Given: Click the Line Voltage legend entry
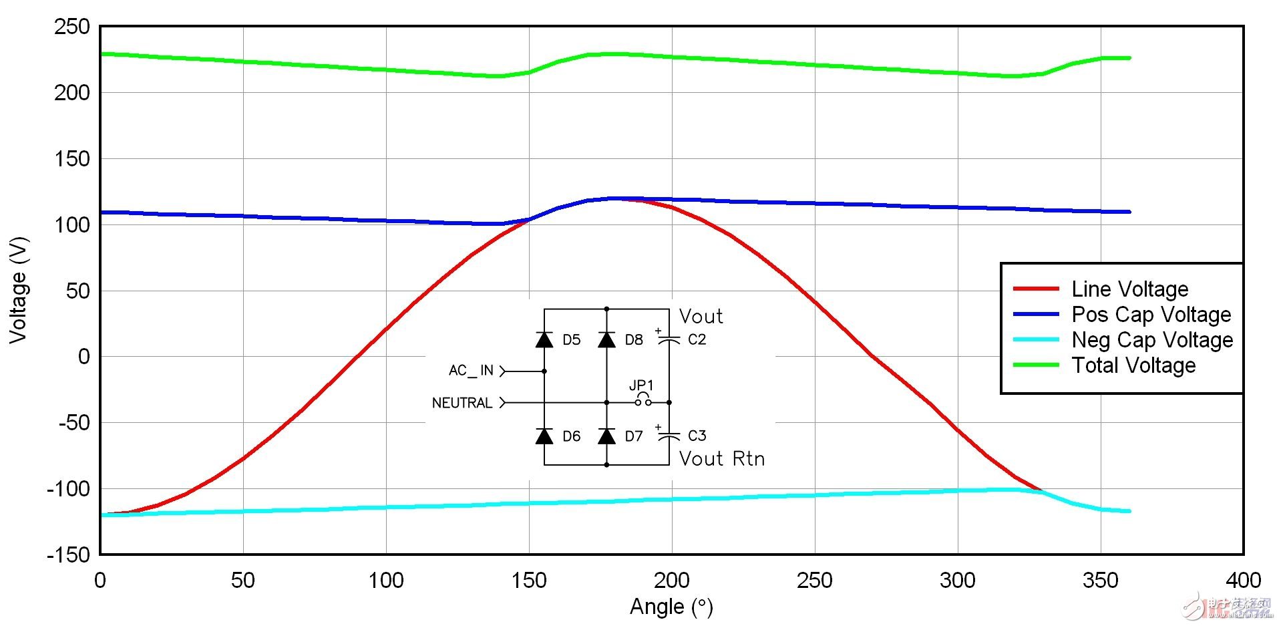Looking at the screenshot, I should pos(1129,289).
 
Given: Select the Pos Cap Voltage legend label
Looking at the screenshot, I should pos(1151,314).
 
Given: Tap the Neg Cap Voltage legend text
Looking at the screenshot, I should pos(1152,339).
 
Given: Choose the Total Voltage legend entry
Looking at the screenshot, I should pos(1133,365).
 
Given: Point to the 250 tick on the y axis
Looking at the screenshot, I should pos(71,27).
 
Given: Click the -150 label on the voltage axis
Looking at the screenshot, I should pos(67,555).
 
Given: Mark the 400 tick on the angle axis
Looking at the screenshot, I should pos(1243,580).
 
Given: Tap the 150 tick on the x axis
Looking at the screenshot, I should pos(529,580).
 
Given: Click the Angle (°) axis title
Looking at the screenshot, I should pos(671,607).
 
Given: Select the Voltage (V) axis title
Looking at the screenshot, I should pos(18,290).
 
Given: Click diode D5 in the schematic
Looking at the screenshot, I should pos(544,339).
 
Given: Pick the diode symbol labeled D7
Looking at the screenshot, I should pos(606,436).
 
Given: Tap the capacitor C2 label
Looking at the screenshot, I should pos(697,339).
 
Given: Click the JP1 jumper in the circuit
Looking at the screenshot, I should pos(643,400).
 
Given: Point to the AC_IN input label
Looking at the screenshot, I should pos(471,371).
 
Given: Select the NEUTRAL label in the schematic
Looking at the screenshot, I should pos(462,403).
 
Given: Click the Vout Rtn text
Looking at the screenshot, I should pos(721,458).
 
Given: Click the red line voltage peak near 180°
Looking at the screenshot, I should pos(615,198).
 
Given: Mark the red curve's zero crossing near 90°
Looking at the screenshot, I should pos(358,356).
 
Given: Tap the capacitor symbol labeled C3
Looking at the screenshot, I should pos(669,436).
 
